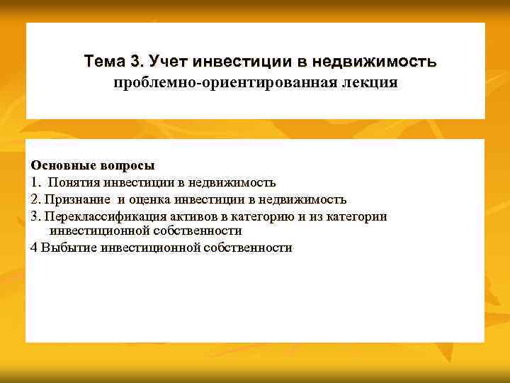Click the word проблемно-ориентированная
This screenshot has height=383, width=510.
(x=225, y=83)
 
